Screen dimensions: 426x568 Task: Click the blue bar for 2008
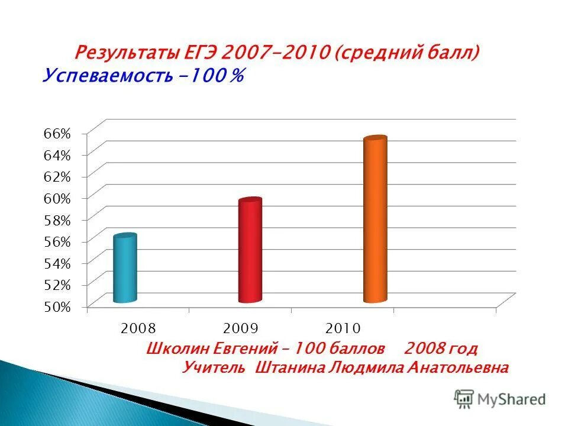pos(125,269)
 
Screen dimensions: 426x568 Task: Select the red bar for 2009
pos(250,251)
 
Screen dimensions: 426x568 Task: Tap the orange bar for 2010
pos(375,220)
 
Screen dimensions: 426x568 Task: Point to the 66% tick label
pos(57,133)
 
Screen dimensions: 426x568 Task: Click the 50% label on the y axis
pos(57,306)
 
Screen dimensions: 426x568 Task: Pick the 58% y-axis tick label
pos(57,220)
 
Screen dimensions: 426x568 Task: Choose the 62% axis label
pos(57,176)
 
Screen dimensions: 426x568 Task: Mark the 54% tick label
pos(57,263)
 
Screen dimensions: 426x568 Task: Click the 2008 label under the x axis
pos(138,328)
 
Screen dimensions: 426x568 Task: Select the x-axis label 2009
pos(241,328)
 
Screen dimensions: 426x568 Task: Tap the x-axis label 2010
pos(343,328)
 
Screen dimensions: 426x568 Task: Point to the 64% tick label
pos(57,155)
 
